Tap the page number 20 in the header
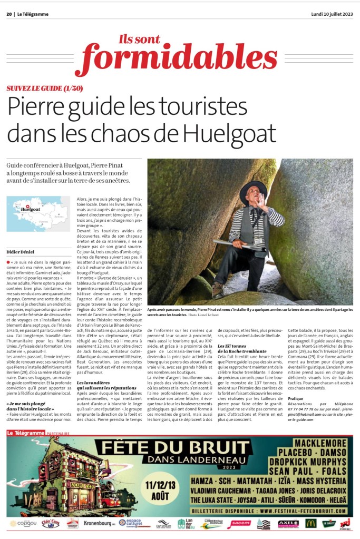tap(9, 14)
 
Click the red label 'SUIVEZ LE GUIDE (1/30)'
tap(45, 89)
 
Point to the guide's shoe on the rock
tap(217, 290)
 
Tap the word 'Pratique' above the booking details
tap(296, 399)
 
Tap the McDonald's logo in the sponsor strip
tap(310, 523)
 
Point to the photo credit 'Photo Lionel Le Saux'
tap(203, 315)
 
